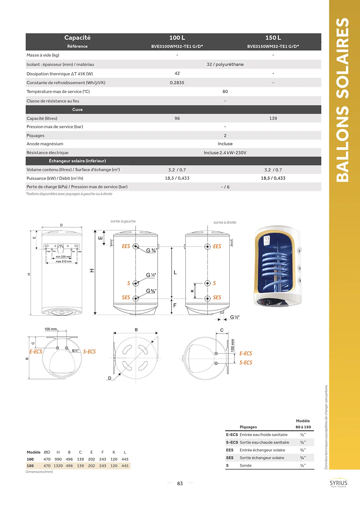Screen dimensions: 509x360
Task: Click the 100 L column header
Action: [x=177, y=38]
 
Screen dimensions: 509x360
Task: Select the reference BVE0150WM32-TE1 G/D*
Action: [x=273, y=46]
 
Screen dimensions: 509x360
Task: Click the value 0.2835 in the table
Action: [x=177, y=83]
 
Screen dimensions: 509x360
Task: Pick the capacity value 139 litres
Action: [x=273, y=118]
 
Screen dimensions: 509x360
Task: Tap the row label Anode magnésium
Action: [x=45, y=144]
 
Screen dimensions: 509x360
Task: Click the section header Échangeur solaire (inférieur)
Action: [x=77, y=161]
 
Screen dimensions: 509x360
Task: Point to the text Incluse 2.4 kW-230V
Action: [x=225, y=153]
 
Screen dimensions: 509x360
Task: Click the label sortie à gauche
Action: [x=123, y=221]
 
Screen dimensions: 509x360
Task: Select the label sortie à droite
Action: [x=225, y=223]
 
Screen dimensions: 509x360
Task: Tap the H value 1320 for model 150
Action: [x=58, y=466]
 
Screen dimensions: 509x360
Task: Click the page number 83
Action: [x=180, y=483]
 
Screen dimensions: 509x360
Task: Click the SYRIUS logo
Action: [x=338, y=483]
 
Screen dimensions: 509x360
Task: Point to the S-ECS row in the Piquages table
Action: [x=264, y=442]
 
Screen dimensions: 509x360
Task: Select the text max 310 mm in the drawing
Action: [x=64, y=261]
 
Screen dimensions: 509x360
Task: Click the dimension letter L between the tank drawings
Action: [x=175, y=272]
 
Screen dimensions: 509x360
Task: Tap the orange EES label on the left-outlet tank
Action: [x=126, y=246]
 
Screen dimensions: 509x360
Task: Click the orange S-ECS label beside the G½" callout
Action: [x=89, y=351]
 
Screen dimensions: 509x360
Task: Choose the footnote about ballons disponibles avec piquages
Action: [x=69, y=194]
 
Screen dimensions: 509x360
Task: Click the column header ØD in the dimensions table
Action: [x=47, y=452]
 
